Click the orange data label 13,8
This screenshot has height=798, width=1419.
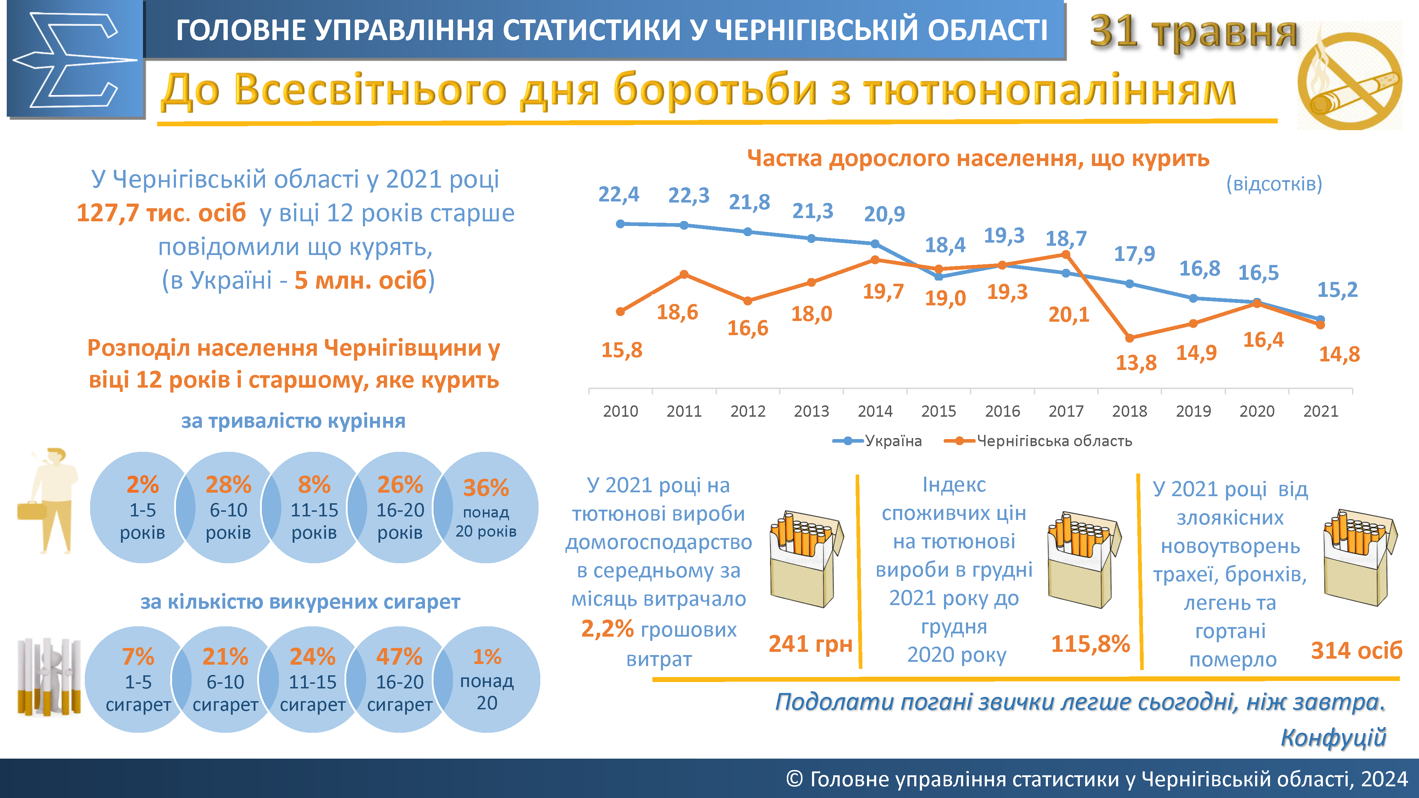[1136, 363]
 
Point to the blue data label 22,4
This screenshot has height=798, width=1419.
[619, 194]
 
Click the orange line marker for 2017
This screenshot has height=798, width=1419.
[1066, 254]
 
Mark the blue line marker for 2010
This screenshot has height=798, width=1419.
[620, 223]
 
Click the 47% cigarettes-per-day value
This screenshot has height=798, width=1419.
[399, 656]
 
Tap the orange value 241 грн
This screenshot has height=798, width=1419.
[810, 644]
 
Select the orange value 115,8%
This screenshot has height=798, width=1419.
[1090, 644]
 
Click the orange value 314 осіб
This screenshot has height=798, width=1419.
[1356, 650]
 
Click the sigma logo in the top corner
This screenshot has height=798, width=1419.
[75, 60]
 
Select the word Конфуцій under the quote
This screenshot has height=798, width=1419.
[1333, 737]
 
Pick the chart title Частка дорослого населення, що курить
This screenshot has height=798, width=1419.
[978, 159]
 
